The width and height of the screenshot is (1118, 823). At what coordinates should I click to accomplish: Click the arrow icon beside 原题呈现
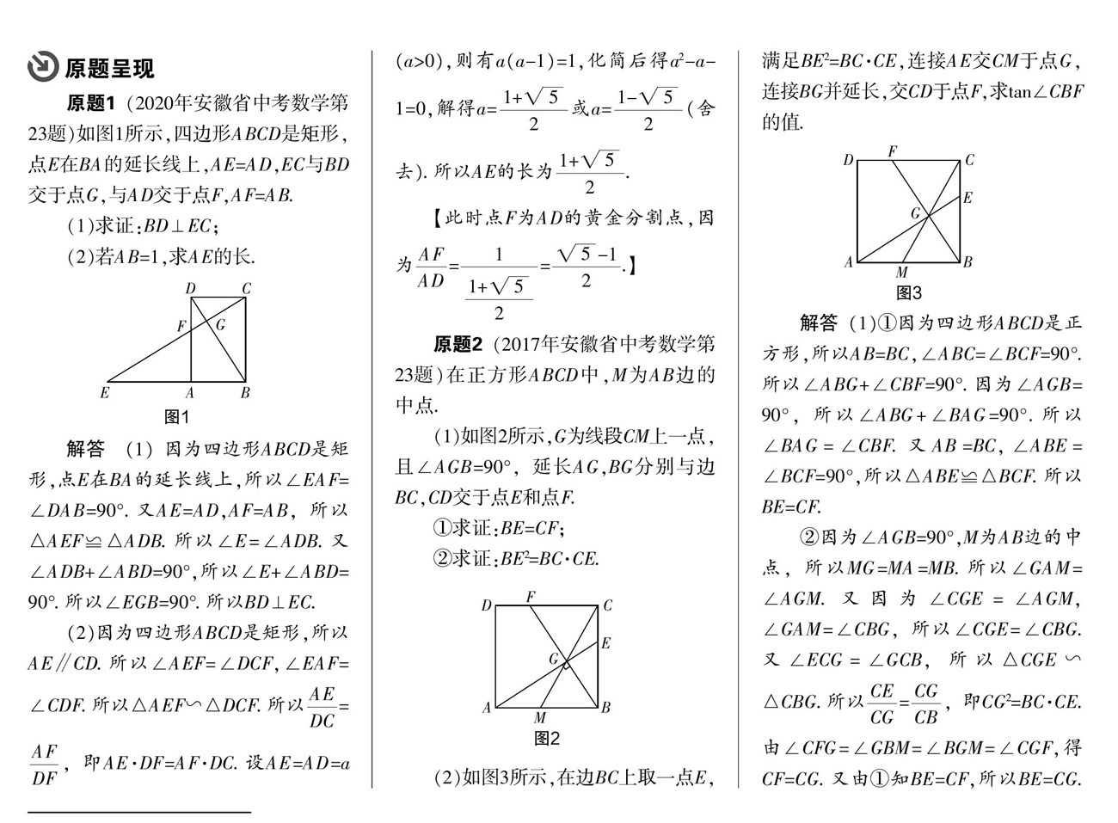coord(42,67)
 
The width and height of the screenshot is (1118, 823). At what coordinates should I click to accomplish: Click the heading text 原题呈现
coord(109,68)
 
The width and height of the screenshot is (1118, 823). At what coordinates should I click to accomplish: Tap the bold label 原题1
coord(91,104)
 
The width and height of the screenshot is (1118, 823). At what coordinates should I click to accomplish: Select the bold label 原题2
coord(458,345)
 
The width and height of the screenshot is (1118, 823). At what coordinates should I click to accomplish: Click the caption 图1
coord(176,417)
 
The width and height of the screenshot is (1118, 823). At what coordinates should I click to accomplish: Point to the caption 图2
coord(547,739)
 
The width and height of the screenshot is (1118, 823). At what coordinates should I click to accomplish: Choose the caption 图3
coord(909,293)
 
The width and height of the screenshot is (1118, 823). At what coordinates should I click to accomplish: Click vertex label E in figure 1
coord(105,394)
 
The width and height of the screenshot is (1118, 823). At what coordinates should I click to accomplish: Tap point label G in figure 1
coord(220,324)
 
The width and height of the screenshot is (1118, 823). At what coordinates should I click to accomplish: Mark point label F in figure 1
coord(181,327)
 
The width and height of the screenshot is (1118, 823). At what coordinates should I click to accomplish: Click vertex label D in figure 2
coord(486,605)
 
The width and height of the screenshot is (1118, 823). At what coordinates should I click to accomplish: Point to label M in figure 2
coord(539,718)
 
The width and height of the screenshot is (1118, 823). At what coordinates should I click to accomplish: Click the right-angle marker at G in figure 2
coord(566,664)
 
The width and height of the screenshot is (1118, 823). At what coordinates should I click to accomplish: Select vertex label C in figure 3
coord(969,159)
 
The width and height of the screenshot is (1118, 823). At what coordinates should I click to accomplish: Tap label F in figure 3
coord(893,151)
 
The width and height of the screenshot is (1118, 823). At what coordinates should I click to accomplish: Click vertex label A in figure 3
coord(848,262)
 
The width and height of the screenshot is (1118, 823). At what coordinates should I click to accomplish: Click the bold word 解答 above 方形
coord(818,323)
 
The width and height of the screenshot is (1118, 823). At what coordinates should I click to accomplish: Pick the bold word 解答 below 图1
coord(85,449)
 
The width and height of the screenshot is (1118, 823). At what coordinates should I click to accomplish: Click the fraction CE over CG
coord(882,703)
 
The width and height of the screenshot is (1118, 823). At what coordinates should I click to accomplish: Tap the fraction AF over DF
coord(45,765)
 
